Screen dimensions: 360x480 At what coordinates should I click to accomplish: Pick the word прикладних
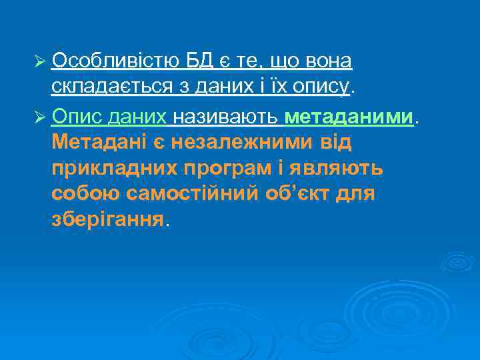coord(111,168)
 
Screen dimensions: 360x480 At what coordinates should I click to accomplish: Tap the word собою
coord(82,194)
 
